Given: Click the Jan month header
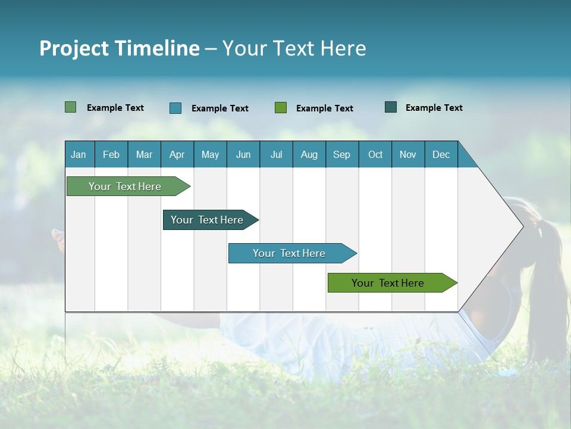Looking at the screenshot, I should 79,154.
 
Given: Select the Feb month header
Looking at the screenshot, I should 111,154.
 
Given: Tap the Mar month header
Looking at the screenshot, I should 144,154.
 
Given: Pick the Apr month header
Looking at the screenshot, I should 177,154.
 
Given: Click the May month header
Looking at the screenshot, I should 210,154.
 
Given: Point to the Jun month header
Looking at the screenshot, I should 243,154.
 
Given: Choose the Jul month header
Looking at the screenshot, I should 276,154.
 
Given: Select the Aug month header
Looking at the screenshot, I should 309,154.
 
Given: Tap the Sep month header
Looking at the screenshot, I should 342,154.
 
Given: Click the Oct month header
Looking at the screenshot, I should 375,154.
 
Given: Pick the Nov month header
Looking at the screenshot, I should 408,154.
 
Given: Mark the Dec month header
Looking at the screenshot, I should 441,154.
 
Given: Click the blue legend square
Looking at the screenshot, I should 175,108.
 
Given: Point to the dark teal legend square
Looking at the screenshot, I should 391,107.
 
